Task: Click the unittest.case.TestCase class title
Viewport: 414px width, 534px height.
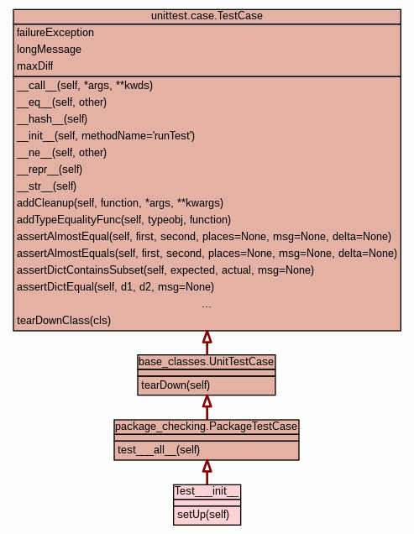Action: [x=207, y=16]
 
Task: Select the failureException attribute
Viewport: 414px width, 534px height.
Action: [x=55, y=33]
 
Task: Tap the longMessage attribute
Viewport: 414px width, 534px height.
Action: [x=49, y=50]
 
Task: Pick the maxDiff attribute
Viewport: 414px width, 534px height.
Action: [x=34, y=65]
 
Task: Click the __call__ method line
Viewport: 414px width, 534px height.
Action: [x=85, y=86]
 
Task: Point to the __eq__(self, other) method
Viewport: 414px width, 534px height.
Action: [x=61, y=102]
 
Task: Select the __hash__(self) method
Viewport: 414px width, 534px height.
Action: [x=52, y=119]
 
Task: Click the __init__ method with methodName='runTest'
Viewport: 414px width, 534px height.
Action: [x=106, y=136]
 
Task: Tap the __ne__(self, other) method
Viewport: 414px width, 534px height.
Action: [x=61, y=153]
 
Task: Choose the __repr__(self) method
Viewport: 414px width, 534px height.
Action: [x=50, y=170]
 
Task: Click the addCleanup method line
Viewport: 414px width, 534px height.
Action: [x=120, y=203]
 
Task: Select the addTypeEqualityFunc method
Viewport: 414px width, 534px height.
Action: [x=124, y=220]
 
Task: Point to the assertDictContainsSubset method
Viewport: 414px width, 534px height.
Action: [x=165, y=270]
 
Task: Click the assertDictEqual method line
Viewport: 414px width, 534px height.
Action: [x=116, y=287]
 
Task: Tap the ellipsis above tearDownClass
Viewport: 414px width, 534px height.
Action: [x=207, y=306]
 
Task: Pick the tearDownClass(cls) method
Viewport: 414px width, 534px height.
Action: [x=64, y=321]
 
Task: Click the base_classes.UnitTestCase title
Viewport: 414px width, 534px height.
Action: [x=206, y=361]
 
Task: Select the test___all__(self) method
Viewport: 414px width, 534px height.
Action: [x=159, y=450]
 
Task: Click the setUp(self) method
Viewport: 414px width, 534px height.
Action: [x=203, y=514]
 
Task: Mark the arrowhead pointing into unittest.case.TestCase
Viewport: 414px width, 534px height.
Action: [x=207, y=337]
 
